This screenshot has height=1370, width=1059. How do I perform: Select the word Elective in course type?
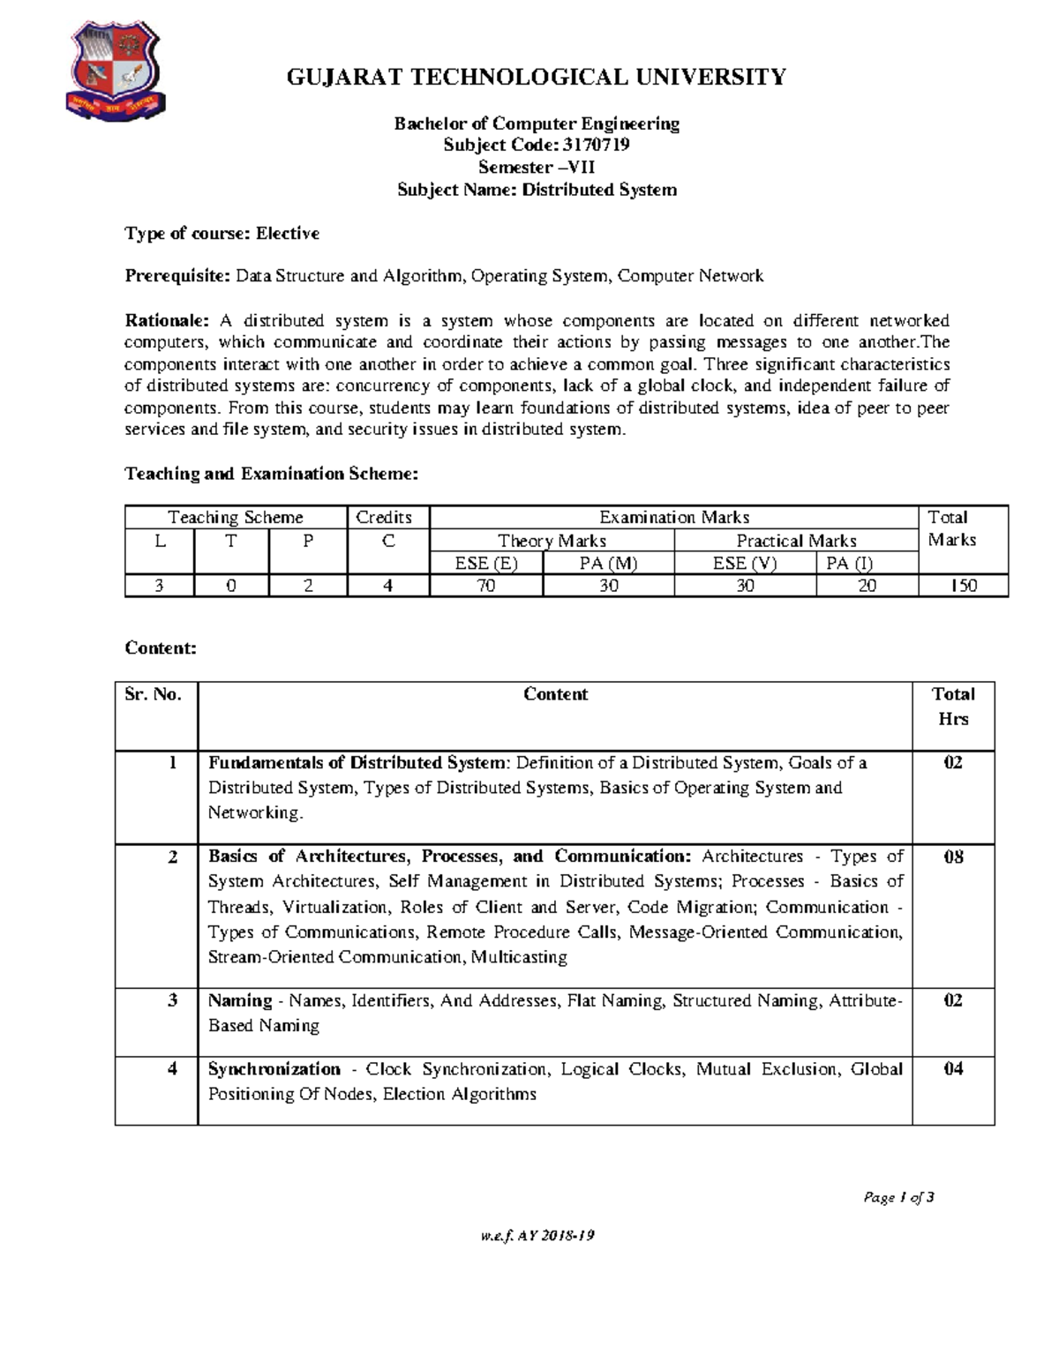[x=288, y=234]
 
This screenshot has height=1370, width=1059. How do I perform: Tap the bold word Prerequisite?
[x=177, y=276]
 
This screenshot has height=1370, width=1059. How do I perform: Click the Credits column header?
[x=384, y=518]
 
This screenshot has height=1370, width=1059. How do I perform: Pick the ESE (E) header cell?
[x=486, y=564]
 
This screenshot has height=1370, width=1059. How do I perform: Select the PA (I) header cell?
[x=849, y=564]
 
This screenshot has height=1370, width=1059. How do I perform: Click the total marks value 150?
[x=963, y=586]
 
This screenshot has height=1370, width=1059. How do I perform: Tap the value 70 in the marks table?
[x=486, y=586]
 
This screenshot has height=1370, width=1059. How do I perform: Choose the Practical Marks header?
[x=796, y=541]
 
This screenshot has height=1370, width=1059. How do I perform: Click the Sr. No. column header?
[x=154, y=694]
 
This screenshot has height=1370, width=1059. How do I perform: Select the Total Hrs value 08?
[x=953, y=857]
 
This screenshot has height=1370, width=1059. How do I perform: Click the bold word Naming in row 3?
[x=240, y=1000]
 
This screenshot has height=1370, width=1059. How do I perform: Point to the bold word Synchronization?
[x=274, y=1069]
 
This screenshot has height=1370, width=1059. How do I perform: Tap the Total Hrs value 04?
[x=953, y=1069]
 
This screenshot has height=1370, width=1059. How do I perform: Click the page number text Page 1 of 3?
[x=898, y=1197]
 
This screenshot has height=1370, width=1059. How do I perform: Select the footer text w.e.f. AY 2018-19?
[x=537, y=1236]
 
